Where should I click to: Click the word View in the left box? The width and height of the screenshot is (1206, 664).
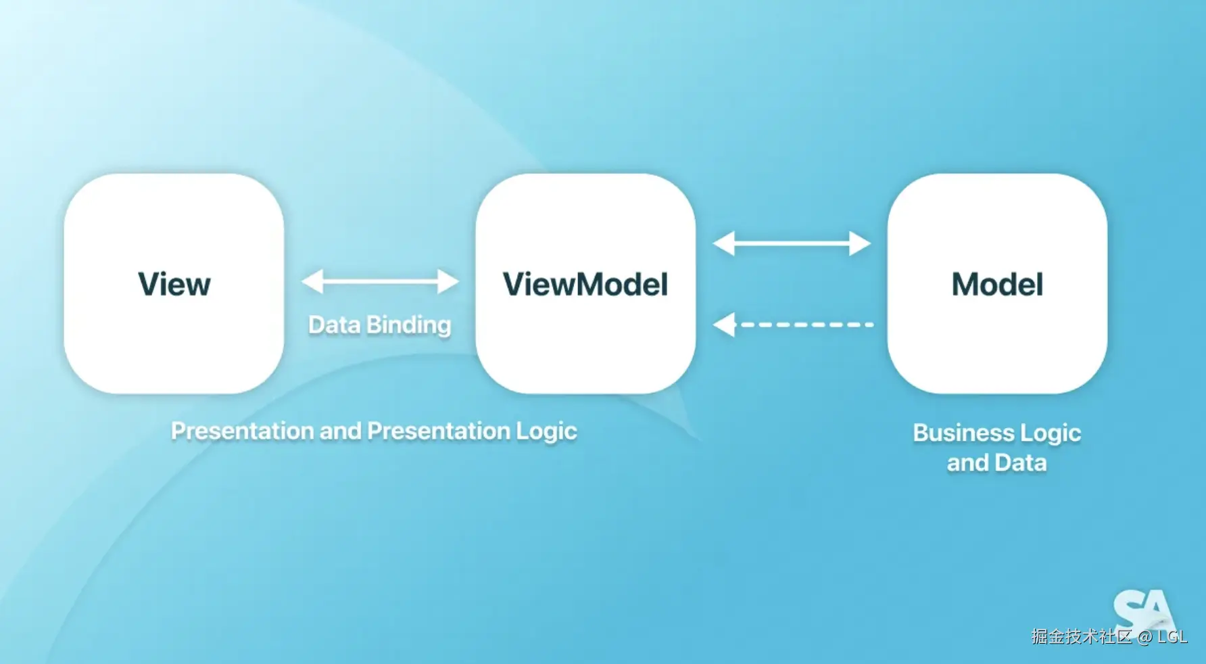tap(174, 284)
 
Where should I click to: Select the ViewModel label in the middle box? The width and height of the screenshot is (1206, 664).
tap(585, 284)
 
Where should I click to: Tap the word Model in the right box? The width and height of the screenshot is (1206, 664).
tap(997, 284)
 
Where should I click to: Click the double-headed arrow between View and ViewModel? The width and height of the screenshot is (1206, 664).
tap(380, 281)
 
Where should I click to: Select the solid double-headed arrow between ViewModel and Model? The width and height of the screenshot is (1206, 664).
tap(792, 243)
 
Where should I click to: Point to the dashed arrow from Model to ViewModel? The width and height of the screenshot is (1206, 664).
tap(793, 325)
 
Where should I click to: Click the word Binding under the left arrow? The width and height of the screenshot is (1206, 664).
tap(409, 326)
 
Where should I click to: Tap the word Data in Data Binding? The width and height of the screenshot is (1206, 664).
tap(334, 325)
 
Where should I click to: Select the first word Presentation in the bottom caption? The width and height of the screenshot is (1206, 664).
tap(242, 431)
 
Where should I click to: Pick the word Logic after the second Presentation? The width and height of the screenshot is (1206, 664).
tap(547, 431)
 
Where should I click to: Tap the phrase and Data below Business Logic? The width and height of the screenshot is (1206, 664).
tap(996, 463)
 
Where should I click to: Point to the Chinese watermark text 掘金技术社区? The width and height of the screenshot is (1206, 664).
tap(1082, 636)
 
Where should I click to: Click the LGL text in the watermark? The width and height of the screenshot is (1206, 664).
tap(1172, 637)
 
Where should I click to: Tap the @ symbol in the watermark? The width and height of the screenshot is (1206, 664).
tap(1144, 637)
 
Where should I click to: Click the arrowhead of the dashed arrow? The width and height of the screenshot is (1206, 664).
tap(724, 325)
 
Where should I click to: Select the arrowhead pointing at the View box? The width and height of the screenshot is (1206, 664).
tap(312, 281)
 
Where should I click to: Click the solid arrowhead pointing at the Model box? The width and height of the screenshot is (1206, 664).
tap(861, 243)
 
